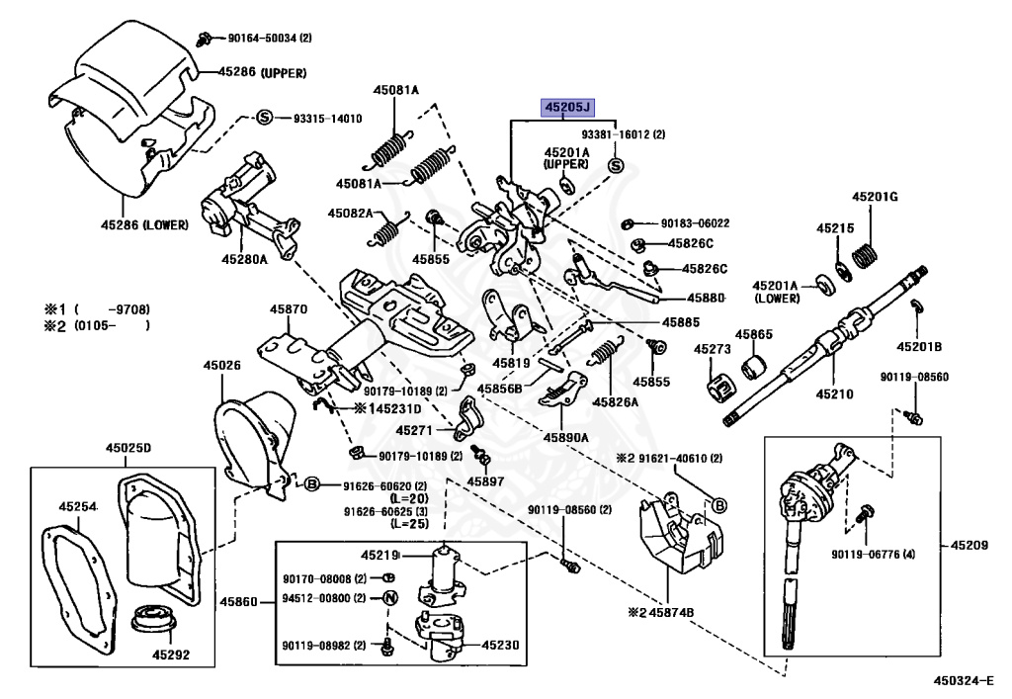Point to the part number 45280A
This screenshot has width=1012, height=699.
(244, 260)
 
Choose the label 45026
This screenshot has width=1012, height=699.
(223, 365)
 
